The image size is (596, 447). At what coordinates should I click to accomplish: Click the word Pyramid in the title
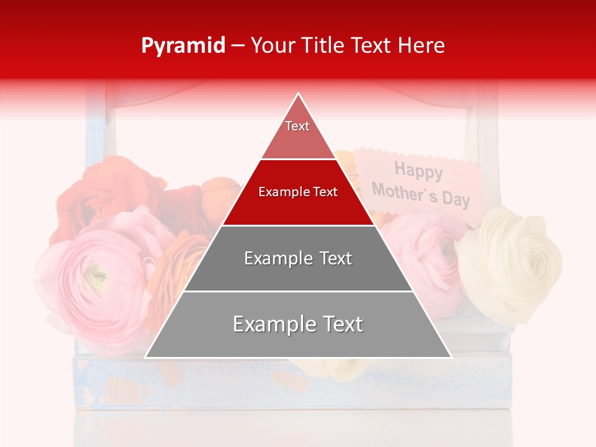pyautogui.click(x=183, y=46)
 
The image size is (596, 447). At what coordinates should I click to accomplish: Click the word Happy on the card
pyautogui.click(x=418, y=170)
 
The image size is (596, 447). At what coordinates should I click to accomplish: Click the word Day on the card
pyautogui.click(x=456, y=199)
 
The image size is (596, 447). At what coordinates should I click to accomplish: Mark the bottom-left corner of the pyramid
pyautogui.click(x=146, y=357)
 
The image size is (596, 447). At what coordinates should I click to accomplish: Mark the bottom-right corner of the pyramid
pyautogui.click(x=451, y=357)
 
